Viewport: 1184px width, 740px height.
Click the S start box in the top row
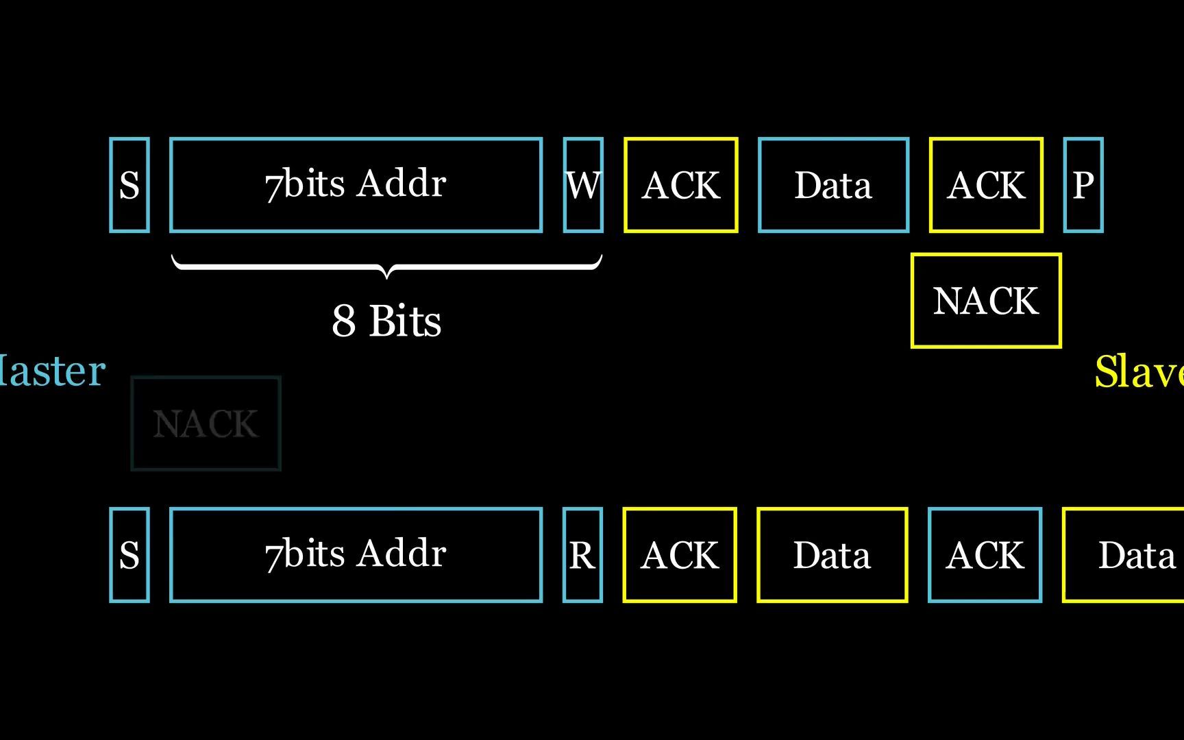[129, 185]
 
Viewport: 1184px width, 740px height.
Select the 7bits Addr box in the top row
[356, 185]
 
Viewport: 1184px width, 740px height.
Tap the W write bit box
[583, 185]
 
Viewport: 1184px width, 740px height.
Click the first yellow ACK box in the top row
[681, 185]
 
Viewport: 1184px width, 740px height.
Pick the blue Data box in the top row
[833, 185]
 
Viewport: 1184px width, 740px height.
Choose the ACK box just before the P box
[986, 185]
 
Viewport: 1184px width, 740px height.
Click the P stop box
[1083, 185]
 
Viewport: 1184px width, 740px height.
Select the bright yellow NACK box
[986, 301]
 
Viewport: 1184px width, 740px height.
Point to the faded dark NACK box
[206, 423]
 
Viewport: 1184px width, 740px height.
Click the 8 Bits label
[386, 320]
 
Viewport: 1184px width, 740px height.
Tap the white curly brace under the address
[386, 266]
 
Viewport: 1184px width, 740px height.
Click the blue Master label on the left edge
[51, 371]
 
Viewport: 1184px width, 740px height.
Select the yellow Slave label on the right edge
[1139, 372]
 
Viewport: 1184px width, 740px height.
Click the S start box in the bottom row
[129, 555]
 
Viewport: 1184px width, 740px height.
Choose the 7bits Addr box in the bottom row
[356, 555]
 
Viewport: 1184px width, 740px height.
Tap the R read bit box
[582, 555]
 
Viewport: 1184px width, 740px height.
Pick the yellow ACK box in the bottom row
[680, 555]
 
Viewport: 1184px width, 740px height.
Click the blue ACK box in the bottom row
[985, 555]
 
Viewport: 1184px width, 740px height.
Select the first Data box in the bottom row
[832, 555]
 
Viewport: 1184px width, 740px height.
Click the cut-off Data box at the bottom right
[1131, 555]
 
